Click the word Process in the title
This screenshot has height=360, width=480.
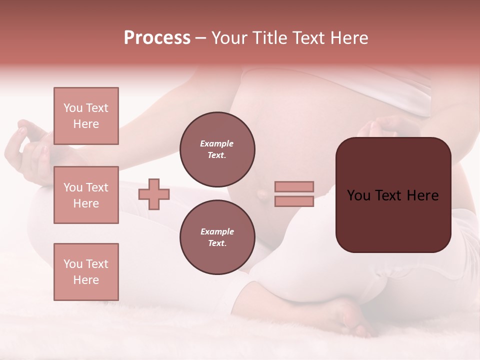click(x=157, y=38)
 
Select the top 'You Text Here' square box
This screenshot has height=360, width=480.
click(x=86, y=116)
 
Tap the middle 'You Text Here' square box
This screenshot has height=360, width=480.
click(x=86, y=195)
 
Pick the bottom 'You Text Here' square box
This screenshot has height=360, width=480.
click(x=86, y=271)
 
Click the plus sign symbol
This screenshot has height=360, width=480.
click(x=154, y=194)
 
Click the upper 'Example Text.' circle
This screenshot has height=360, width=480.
click(x=217, y=149)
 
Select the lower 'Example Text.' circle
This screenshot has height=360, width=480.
click(x=217, y=237)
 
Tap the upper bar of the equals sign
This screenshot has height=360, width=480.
click(x=294, y=186)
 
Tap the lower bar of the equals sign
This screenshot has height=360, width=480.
click(x=294, y=201)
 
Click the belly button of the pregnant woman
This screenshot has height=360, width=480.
click(x=261, y=194)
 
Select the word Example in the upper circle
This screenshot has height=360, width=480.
click(x=217, y=143)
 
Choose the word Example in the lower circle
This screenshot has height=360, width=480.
click(x=217, y=231)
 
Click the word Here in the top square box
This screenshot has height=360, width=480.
click(x=86, y=124)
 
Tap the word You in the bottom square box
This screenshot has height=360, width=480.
click(x=73, y=263)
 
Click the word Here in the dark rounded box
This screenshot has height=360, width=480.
click(x=422, y=195)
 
